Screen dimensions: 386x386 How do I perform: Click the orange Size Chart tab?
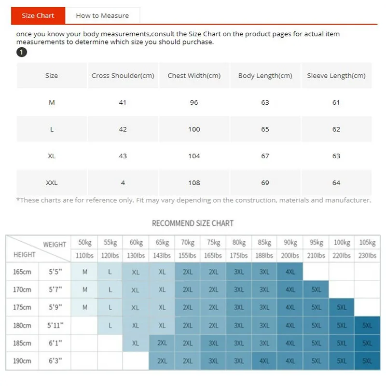point(38,15)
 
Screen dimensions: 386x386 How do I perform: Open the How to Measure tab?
point(102,15)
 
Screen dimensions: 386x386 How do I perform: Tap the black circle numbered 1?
point(22,52)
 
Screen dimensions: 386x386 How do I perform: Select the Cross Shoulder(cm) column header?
point(123,75)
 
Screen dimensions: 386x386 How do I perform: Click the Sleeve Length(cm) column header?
point(336,75)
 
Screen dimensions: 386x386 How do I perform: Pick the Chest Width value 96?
point(194,102)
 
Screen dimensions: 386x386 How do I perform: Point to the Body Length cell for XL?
point(265,156)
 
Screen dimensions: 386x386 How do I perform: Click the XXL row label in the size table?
point(52,183)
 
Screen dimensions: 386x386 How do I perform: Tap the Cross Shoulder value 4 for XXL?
point(123,183)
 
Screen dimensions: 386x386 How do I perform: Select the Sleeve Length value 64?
point(336,183)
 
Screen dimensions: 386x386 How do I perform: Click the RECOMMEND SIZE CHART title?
point(193,223)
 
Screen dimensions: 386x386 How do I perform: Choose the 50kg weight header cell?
point(85,243)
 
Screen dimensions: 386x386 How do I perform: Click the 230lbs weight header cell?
point(367,255)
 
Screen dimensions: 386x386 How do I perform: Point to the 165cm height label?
point(22,272)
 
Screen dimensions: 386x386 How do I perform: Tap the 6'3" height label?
point(55,361)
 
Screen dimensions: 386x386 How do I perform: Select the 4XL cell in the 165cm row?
point(290,272)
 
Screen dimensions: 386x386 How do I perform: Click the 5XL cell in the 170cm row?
point(316,289)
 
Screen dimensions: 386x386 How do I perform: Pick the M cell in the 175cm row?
point(85,307)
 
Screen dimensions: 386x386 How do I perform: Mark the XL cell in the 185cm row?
point(136,343)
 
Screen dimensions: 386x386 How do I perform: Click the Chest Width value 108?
point(194,183)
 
